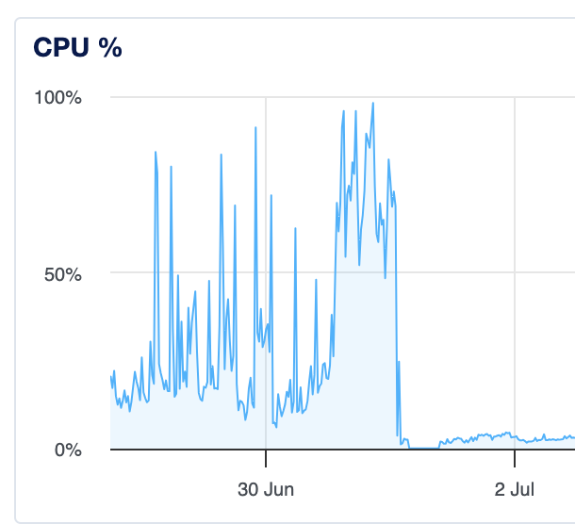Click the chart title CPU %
(x=77, y=48)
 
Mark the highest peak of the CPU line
(x=373, y=104)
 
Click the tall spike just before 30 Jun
(x=255, y=128)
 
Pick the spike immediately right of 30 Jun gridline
(x=271, y=196)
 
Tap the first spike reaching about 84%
(x=156, y=152)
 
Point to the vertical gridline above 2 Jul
(x=515, y=236)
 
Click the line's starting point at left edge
(x=111, y=377)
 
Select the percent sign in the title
(x=112, y=48)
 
